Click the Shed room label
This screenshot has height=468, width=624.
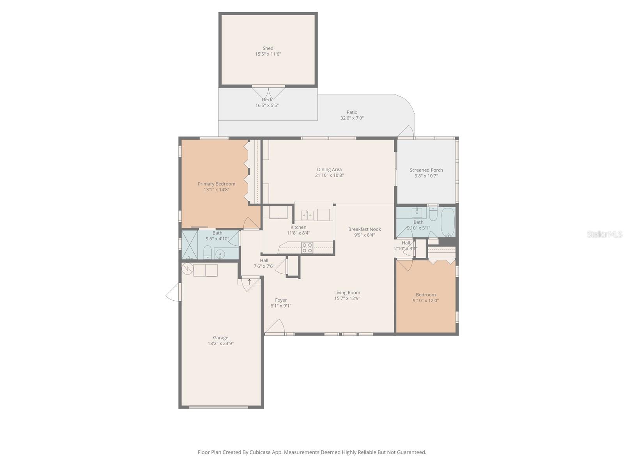pyautogui.click(x=268, y=48)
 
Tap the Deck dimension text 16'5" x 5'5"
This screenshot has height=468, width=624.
pyautogui.click(x=267, y=105)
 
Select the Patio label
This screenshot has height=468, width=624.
pyautogui.click(x=352, y=112)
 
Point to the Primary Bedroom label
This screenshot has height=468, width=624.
pyautogui.click(x=216, y=184)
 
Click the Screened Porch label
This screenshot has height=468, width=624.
pyautogui.click(x=426, y=170)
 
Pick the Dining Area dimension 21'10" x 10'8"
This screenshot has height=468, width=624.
pyautogui.click(x=329, y=175)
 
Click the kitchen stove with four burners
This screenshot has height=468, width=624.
pyautogui.click(x=307, y=248)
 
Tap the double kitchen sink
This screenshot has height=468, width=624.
pyautogui.click(x=307, y=215)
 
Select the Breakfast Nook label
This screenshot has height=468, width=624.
pyautogui.click(x=364, y=229)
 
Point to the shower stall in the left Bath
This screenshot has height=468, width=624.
pyautogui.click(x=190, y=245)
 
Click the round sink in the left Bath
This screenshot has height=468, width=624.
pyautogui.click(x=220, y=254)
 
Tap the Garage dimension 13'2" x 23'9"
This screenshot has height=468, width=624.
pyautogui.click(x=220, y=344)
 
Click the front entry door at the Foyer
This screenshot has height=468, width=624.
pyautogui.click(x=275, y=327)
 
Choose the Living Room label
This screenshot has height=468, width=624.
pyautogui.click(x=347, y=292)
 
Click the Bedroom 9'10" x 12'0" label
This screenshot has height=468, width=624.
pyautogui.click(x=425, y=295)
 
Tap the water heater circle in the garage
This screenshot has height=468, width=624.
pyautogui.click(x=188, y=268)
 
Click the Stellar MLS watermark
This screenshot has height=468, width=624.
pyautogui.click(x=604, y=234)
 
